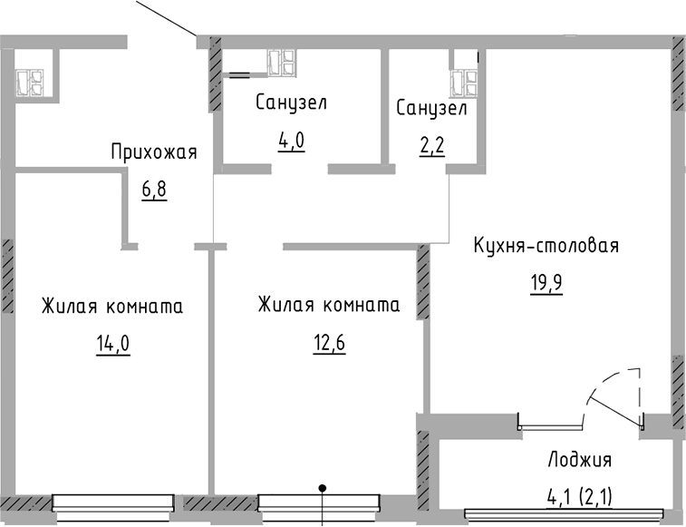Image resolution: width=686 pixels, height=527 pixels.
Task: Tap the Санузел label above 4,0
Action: point(290,102)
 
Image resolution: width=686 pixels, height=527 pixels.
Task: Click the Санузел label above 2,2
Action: point(431,109)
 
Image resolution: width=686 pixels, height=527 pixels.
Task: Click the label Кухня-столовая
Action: point(546,246)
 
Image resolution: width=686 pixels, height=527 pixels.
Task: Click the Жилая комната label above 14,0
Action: point(112,307)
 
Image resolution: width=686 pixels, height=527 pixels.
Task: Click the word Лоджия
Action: point(580,459)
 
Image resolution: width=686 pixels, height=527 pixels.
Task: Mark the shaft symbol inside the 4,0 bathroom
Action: point(280,63)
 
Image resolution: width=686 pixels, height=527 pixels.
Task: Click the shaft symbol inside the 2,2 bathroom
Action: point(465,80)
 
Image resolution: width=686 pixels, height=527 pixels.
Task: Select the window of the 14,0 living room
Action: point(112,502)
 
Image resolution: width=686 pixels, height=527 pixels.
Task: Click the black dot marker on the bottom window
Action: point(323,489)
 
